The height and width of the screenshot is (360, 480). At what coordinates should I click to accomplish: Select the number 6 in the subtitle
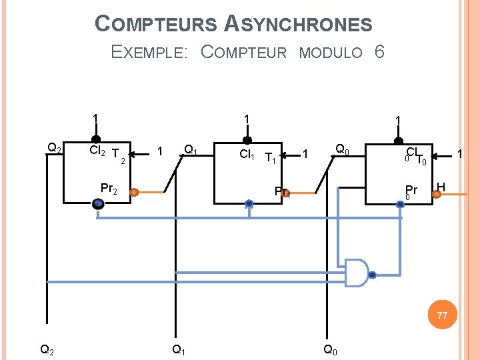coord(379,52)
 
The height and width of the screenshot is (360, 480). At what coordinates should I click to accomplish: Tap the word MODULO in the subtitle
coord(331,53)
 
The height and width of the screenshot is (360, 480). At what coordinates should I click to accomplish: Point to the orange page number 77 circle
coord(442,315)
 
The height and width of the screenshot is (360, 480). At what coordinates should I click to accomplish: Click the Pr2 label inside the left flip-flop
coord(108,189)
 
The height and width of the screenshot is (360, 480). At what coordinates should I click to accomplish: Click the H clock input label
coord(441,187)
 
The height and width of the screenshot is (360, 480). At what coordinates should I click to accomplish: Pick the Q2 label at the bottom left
coord(47,349)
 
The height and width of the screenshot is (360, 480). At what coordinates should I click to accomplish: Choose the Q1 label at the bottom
coord(179,349)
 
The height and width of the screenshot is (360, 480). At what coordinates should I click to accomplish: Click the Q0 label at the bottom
coord(330,349)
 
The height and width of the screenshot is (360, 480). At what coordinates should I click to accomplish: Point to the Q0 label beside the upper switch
coord(343,149)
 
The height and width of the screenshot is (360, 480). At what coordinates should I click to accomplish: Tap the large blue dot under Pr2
coord(99,205)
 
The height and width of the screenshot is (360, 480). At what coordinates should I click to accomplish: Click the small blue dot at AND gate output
coord(373,275)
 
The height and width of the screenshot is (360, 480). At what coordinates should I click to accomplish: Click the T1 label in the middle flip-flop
coord(270,159)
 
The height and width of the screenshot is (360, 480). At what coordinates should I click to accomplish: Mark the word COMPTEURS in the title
coord(156,25)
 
